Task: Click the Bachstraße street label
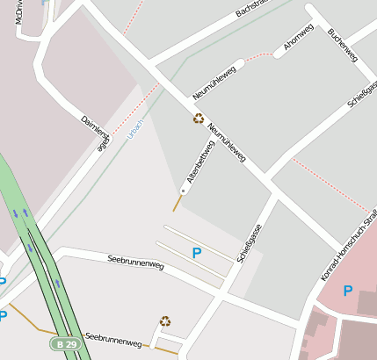click(250, 10)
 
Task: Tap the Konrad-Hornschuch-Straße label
click(349, 246)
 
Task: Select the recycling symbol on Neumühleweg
click(199, 119)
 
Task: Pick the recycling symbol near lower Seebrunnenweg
click(164, 321)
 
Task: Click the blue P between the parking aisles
click(196, 253)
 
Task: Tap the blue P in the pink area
click(347, 291)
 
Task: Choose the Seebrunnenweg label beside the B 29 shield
click(113, 339)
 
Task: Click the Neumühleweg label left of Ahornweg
click(214, 83)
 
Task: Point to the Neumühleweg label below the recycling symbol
click(226, 144)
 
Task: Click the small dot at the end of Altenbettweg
click(183, 191)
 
